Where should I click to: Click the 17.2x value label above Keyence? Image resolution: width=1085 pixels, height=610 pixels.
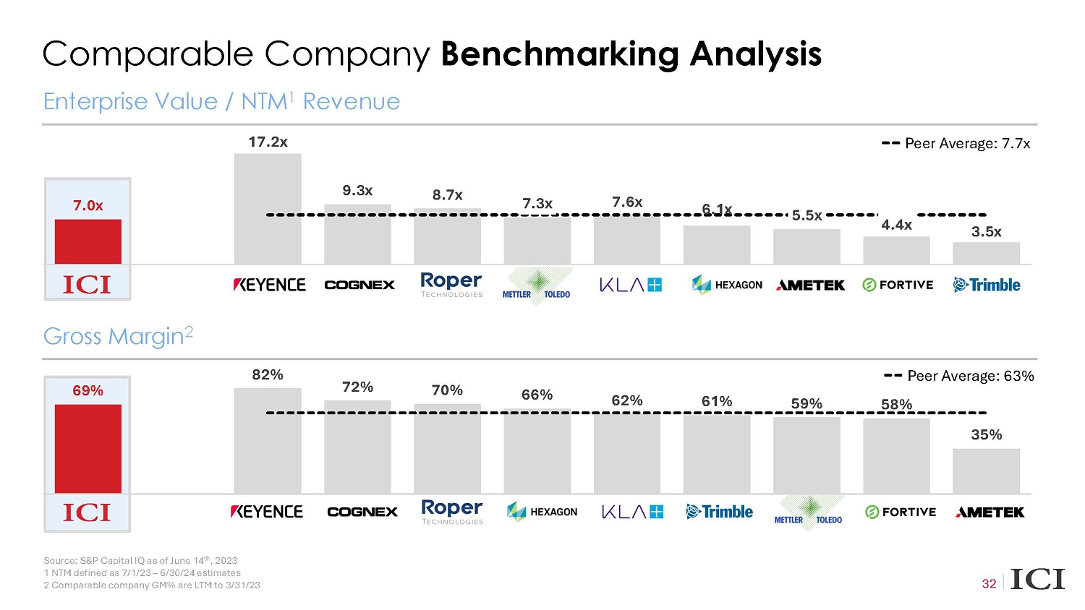[x=268, y=142]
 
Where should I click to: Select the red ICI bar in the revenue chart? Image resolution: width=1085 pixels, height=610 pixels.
[x=88, y=241]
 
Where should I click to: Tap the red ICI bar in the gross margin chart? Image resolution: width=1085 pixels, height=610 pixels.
[x=88, y=448]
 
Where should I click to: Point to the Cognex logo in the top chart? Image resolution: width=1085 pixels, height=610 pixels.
[x=359, y=285]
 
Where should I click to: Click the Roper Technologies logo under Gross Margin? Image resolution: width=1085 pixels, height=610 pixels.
[x=452, y=512]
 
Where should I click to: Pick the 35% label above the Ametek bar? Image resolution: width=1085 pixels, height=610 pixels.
[x=986, y=434]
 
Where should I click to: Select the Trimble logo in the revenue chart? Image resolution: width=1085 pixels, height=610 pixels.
[x=987, y=285]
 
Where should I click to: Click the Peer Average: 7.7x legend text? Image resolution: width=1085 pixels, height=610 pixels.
[x=967, y=144]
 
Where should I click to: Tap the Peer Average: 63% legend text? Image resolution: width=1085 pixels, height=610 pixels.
[x=970, y=376]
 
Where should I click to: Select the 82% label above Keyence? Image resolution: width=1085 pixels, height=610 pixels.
[x=268, y=374]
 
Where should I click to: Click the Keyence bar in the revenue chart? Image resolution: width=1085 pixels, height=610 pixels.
[x=268, y=209]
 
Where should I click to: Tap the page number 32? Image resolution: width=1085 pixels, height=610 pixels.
[x=989, y=583]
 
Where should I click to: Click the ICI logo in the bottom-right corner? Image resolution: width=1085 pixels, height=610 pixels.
[x=1037, y=580]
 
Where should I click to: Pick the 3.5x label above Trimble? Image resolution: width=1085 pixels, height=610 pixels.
[x=986, y=232]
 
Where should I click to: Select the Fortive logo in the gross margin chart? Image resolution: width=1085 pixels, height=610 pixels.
[x=901, y=512]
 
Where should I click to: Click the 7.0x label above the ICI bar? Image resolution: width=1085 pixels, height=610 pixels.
[x=88, y=206]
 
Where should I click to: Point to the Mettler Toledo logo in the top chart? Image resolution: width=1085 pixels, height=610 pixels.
[x=537, y=286]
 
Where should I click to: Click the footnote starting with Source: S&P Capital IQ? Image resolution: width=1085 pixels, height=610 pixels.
[x=140, y=560]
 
